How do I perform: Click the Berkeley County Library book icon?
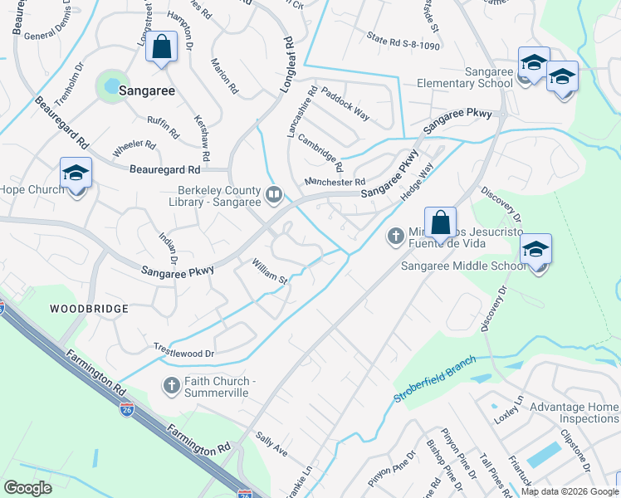pyautogui.click(x=274, y=194)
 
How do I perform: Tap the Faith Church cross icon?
pyautogui.click(x=172, y=384)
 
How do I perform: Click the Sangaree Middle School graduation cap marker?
pyautogui.click(x=535, y=249)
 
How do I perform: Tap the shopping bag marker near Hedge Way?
pyautogui.click(x=440, y=222)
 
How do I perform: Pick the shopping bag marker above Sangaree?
pyautogui.click(x=162, y=48)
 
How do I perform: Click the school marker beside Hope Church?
pyautogui.click(x=76, y=173)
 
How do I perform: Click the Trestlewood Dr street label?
pyautogui.click(x=183, y=352)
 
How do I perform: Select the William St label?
pyautogui.click(x=269, y=271)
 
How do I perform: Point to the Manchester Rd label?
pyautogui.click(x=335, y=182)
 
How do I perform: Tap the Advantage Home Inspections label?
pyautogui.click(x=574, y=413)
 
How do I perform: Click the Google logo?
pyautogui.click(x=28, y=488)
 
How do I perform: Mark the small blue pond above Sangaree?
pyautogui.click(x=109, y=84)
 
